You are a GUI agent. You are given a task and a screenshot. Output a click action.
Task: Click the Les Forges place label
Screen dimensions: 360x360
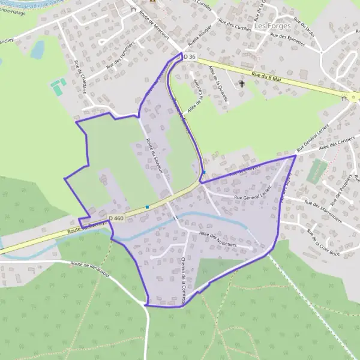tap(272, 26)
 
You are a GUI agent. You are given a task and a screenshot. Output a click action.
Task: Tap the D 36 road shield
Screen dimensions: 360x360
tap(190, 56)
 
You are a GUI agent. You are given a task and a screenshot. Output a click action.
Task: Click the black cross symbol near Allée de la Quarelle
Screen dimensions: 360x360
tap(242, 84)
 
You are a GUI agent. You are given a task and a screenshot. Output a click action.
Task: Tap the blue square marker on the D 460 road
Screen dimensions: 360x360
tap(147, 207)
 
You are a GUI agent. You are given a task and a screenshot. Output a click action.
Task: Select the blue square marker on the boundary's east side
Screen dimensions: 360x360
tap(203, 172)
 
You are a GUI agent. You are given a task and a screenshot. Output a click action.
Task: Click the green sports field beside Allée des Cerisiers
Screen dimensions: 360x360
tap(317, 172)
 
